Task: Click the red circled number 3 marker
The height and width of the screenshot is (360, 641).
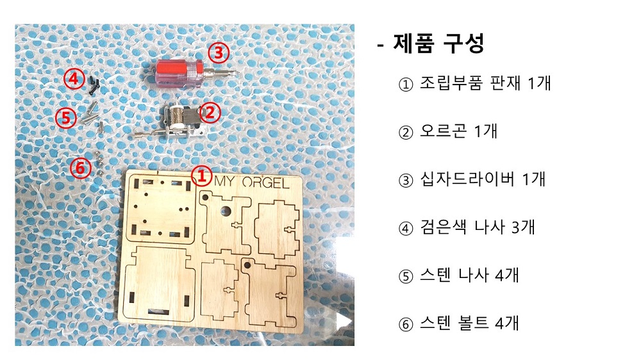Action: click(x=219, y=53)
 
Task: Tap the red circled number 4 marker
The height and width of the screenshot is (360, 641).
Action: click(x=74, y=78)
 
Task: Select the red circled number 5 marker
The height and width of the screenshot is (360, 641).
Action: click(x=66, y=118)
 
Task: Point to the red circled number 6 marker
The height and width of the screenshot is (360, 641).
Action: click(x=80, y=168)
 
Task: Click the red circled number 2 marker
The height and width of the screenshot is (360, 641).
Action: click(x=210, y=112)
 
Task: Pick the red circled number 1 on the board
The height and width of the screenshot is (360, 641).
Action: click(x=201, y=176)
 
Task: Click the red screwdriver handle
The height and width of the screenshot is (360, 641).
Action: click(x=176, y=74)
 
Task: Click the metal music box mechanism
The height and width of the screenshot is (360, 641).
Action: click(x=183, y=119)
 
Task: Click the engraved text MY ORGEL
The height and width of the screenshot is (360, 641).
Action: click(x=251, y=183)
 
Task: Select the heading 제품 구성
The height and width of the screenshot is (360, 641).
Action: click(x=438, y=44)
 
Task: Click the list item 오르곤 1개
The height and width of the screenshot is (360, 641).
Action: click(x=458, y=131)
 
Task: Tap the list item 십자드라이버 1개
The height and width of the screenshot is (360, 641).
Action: click(x=483, y=179)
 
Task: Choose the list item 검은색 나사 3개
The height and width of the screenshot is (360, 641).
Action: click(x=478, y=227)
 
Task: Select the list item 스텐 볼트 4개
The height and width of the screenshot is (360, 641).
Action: click(x=469, y=323)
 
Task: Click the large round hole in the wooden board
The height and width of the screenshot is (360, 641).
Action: click(x=225, y=211)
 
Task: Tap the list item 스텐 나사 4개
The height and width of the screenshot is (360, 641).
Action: click(x=469, y=275)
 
